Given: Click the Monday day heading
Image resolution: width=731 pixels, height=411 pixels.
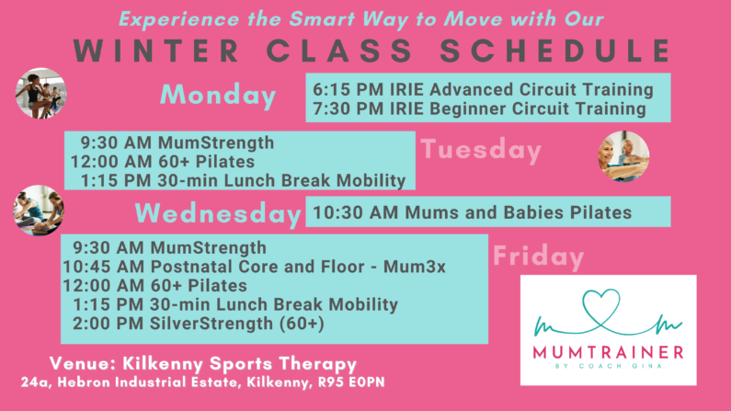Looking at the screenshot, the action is coord(218,96).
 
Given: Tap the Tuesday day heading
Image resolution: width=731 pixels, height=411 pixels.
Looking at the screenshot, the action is coord(481,150).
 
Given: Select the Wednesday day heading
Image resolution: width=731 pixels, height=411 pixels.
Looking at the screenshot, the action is coord(218,214).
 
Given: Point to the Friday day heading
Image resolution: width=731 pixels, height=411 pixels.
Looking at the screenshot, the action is coord(539,256).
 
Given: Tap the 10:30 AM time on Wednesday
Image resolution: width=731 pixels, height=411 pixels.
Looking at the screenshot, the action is coord(356,212).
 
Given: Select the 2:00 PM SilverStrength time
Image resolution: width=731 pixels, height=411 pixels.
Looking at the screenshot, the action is coord(108,324).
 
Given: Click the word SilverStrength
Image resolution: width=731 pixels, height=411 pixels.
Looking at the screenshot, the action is coord(211,324).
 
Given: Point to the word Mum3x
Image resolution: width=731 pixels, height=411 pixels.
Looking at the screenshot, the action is coord(415,267).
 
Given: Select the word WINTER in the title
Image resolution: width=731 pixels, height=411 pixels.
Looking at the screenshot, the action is coord(156,51).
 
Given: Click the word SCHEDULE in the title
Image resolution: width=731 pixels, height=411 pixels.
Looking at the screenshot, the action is coord(555,51).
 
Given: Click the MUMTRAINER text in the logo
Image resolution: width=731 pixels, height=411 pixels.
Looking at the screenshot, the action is coord(609,352).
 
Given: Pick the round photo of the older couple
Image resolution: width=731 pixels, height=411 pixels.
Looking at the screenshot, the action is coord(623,156).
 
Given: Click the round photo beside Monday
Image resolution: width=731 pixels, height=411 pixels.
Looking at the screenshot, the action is coord(41,93).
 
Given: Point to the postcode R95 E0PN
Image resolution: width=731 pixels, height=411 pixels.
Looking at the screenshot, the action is coord(351,382).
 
